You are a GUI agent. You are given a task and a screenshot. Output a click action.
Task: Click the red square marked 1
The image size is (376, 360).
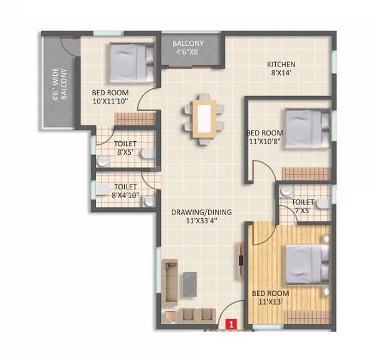231,325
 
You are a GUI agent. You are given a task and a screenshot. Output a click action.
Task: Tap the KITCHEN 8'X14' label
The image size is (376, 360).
281,68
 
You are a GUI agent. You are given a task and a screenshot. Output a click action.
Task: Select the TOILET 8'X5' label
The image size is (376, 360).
126,147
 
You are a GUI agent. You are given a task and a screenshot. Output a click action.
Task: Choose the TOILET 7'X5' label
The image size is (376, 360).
303,206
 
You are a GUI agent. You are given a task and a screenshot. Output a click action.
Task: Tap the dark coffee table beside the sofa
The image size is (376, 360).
191,283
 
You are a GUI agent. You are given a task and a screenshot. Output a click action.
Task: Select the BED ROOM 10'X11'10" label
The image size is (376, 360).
110,97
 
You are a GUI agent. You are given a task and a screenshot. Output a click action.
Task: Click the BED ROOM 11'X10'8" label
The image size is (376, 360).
265,137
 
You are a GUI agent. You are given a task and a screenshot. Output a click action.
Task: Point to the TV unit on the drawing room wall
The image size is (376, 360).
240,258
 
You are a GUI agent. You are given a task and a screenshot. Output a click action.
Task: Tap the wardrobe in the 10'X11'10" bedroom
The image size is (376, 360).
135,119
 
